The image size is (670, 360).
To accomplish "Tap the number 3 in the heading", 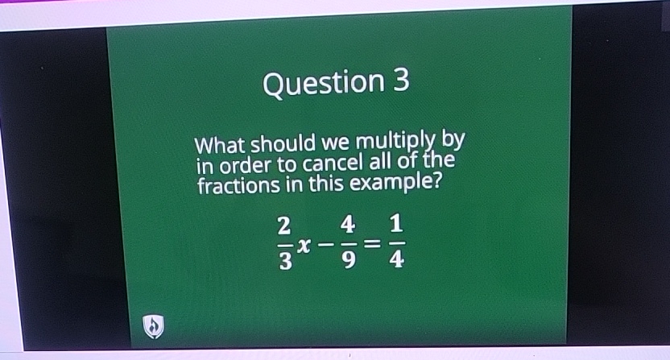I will pyautogui.click(x=401, y=81).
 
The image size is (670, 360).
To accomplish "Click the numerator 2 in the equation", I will pyautogui.click(x=283, y=223).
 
